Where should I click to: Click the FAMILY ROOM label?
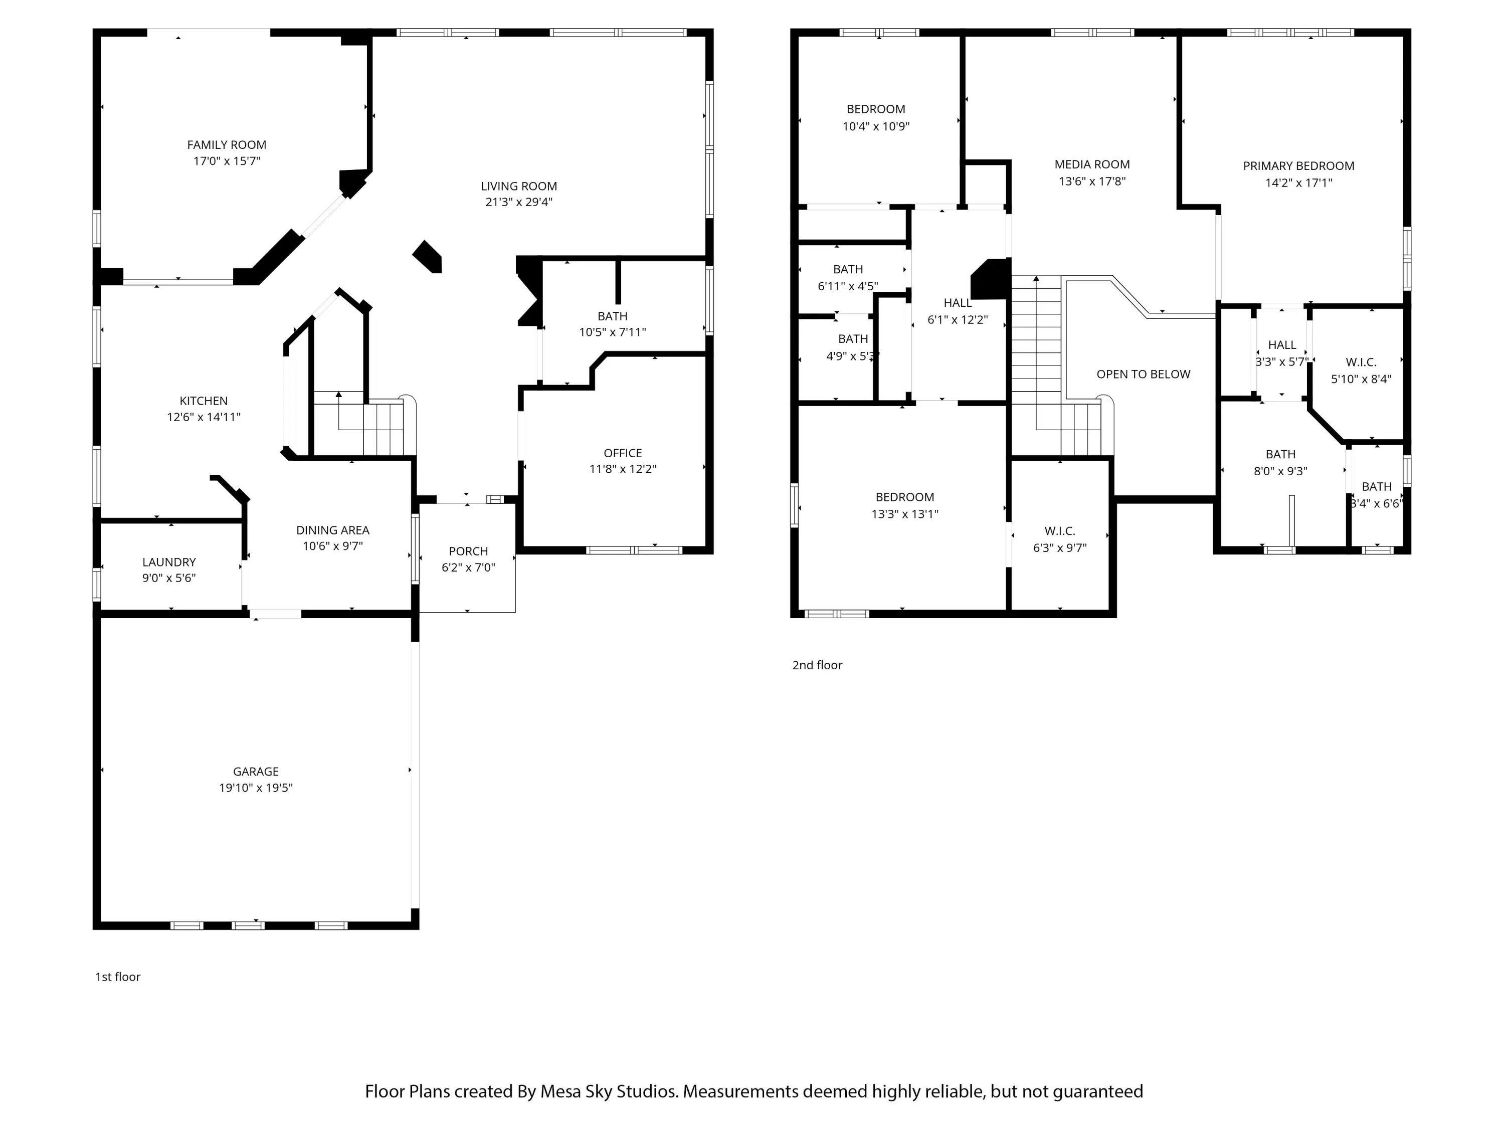coord(227,145)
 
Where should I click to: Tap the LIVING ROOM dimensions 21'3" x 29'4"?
coord(519,202)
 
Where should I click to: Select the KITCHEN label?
coord(204,401)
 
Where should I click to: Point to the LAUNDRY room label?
coord(168,562)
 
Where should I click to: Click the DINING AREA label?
coord(332,530)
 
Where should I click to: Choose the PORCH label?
coord(468,551)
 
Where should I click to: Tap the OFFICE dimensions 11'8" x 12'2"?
coord(623,469)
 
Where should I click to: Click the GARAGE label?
coord(256,772)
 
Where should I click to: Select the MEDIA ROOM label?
coord(1092,164)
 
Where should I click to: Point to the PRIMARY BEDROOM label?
coord(1298,166)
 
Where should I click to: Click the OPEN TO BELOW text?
coord(1144,374)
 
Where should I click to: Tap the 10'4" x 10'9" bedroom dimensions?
coord(876,126)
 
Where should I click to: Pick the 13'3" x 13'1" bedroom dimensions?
coord(905,515)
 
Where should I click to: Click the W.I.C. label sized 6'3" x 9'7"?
coord(1060,531)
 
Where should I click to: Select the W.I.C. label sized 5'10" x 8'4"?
coord(1361,362)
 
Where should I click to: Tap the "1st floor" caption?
coord(118,977)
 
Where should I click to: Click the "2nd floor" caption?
coord(817,666)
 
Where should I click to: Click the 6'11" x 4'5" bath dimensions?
coord(848,286)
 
